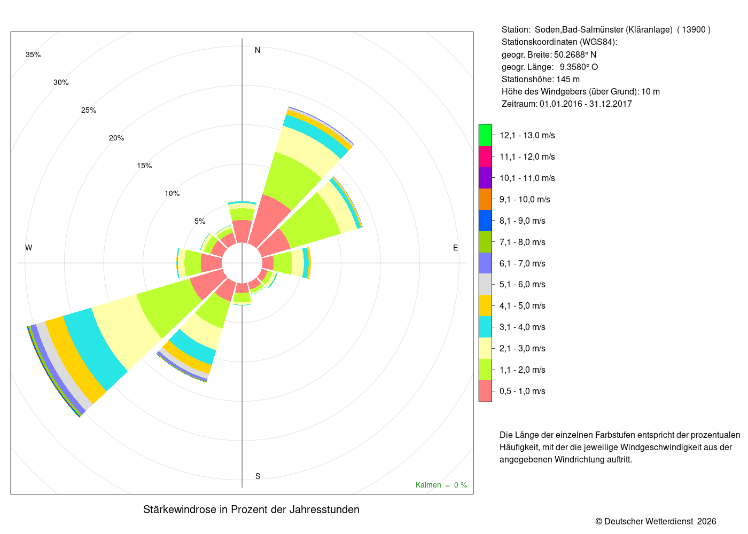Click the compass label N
tap(258, 50)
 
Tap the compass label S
tap(258, 476)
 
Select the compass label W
tap(29, 248)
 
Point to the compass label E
tap(455, 248)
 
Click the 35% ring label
tap(33, 54)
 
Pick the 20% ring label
tap(116, 138)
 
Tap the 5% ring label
tap(200, 221)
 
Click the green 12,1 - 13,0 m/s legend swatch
tap(485, 135)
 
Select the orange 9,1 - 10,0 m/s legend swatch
tap(485, 199)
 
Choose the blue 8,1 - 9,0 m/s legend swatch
tap(485, 221)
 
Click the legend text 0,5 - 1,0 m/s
tap(523, 391)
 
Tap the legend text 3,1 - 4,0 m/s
tap(523, 327)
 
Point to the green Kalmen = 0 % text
tap(441, 485)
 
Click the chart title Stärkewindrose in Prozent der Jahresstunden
tap(251, 509)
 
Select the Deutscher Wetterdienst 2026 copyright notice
tap(656, 522)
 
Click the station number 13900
tap(694, 30)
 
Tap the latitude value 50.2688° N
tap(575, 54)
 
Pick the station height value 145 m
tap(568, 80)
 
